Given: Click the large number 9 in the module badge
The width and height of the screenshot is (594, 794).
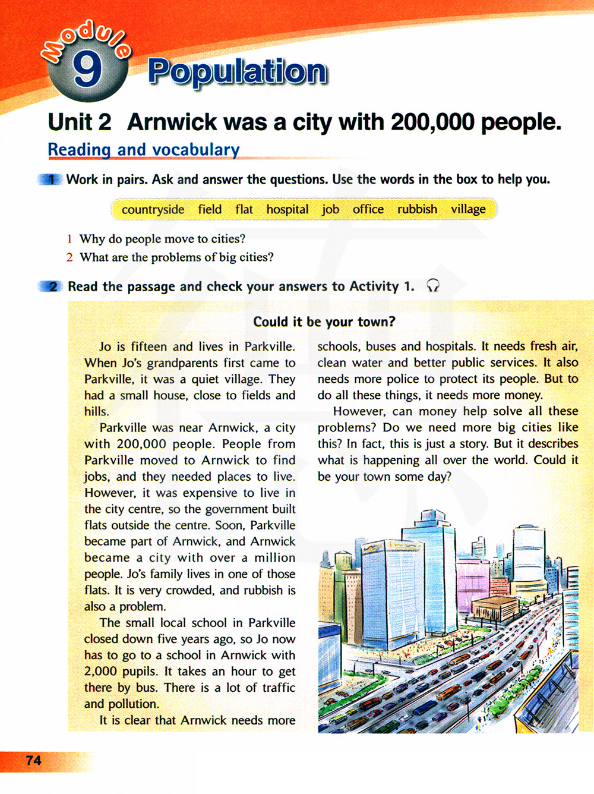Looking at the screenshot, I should tap(87, 70).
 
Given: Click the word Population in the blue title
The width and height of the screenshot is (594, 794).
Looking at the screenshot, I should tap(238, 72).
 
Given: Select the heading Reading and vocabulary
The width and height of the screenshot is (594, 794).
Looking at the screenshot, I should tap(144, 150).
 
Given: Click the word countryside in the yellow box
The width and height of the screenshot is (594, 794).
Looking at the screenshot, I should tap(153, 210).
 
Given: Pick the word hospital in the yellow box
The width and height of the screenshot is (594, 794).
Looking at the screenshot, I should tap(287, 210).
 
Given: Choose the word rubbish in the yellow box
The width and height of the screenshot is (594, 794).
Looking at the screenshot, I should tap(417, 209).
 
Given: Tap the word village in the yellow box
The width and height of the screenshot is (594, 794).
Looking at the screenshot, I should tap(468, 209).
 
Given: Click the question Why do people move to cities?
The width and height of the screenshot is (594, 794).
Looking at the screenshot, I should tap(162, 239).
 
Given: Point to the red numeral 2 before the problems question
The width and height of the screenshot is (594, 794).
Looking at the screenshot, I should tap(69, 257).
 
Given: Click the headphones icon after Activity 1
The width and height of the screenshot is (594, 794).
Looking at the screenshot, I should tap(433, 286).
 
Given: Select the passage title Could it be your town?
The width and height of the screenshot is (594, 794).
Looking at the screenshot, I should tap(324, 322).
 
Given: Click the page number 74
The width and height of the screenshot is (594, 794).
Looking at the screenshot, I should tap(33, 760).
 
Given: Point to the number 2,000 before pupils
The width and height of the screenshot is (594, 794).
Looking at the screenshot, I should tap(100, 672).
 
